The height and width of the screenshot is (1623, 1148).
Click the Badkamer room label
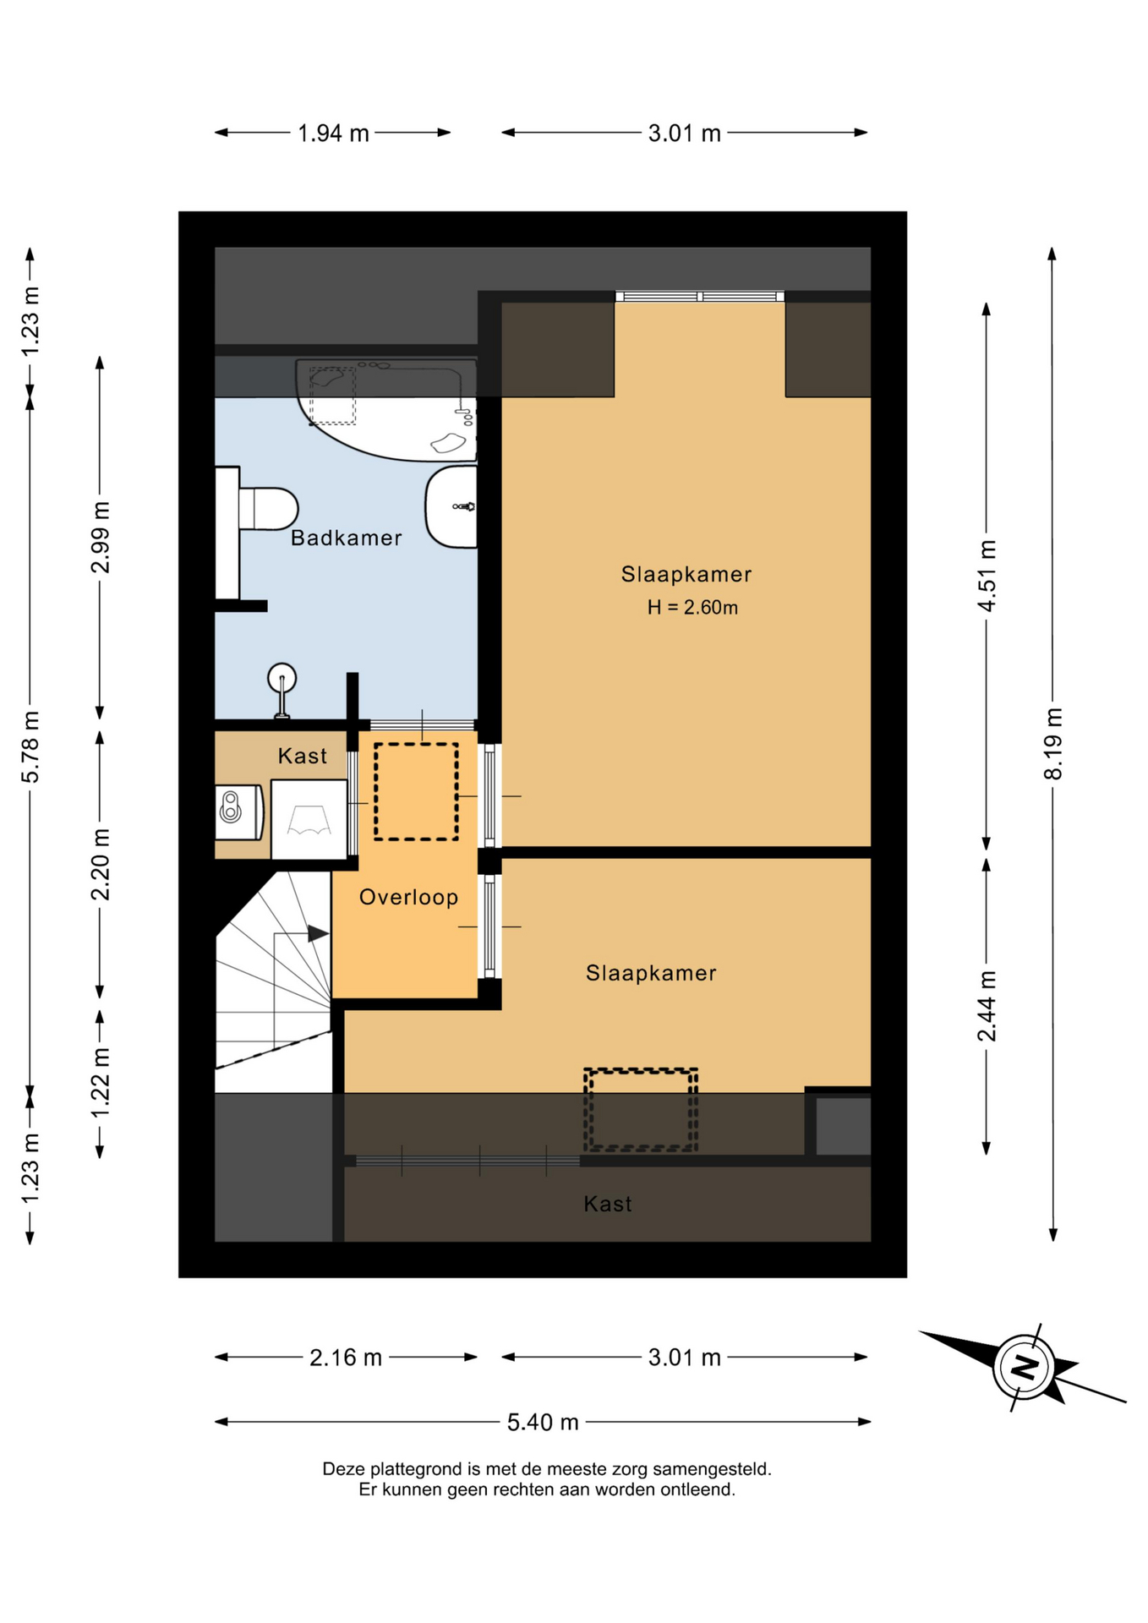point(346,538)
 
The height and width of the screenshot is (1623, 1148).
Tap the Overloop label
point(408,897)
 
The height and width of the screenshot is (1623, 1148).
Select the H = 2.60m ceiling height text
point(692,607)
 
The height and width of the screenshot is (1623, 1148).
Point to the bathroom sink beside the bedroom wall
point(451,506)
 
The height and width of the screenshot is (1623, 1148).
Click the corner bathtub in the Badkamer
point(386,409)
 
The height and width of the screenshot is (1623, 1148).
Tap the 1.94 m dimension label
point(333,134)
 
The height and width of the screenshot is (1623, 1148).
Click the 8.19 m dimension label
point(1052,744)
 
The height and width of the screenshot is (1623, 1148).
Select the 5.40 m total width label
point(543,1423)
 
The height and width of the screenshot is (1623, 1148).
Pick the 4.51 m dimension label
point(987,576)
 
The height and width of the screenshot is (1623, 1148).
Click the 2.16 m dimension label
point(346,1358)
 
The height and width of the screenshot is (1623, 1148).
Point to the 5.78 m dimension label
point(30,747)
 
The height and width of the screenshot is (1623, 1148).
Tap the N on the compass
point(1025,1367)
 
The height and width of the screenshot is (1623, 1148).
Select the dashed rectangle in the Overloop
point(416,792)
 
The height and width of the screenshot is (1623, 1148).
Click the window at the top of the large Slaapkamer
point(700,296)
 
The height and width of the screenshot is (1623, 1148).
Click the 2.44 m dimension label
point(987,1007)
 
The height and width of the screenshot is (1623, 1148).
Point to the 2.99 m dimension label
point(101,538)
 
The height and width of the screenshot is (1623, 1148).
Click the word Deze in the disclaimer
point(342,1469)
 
